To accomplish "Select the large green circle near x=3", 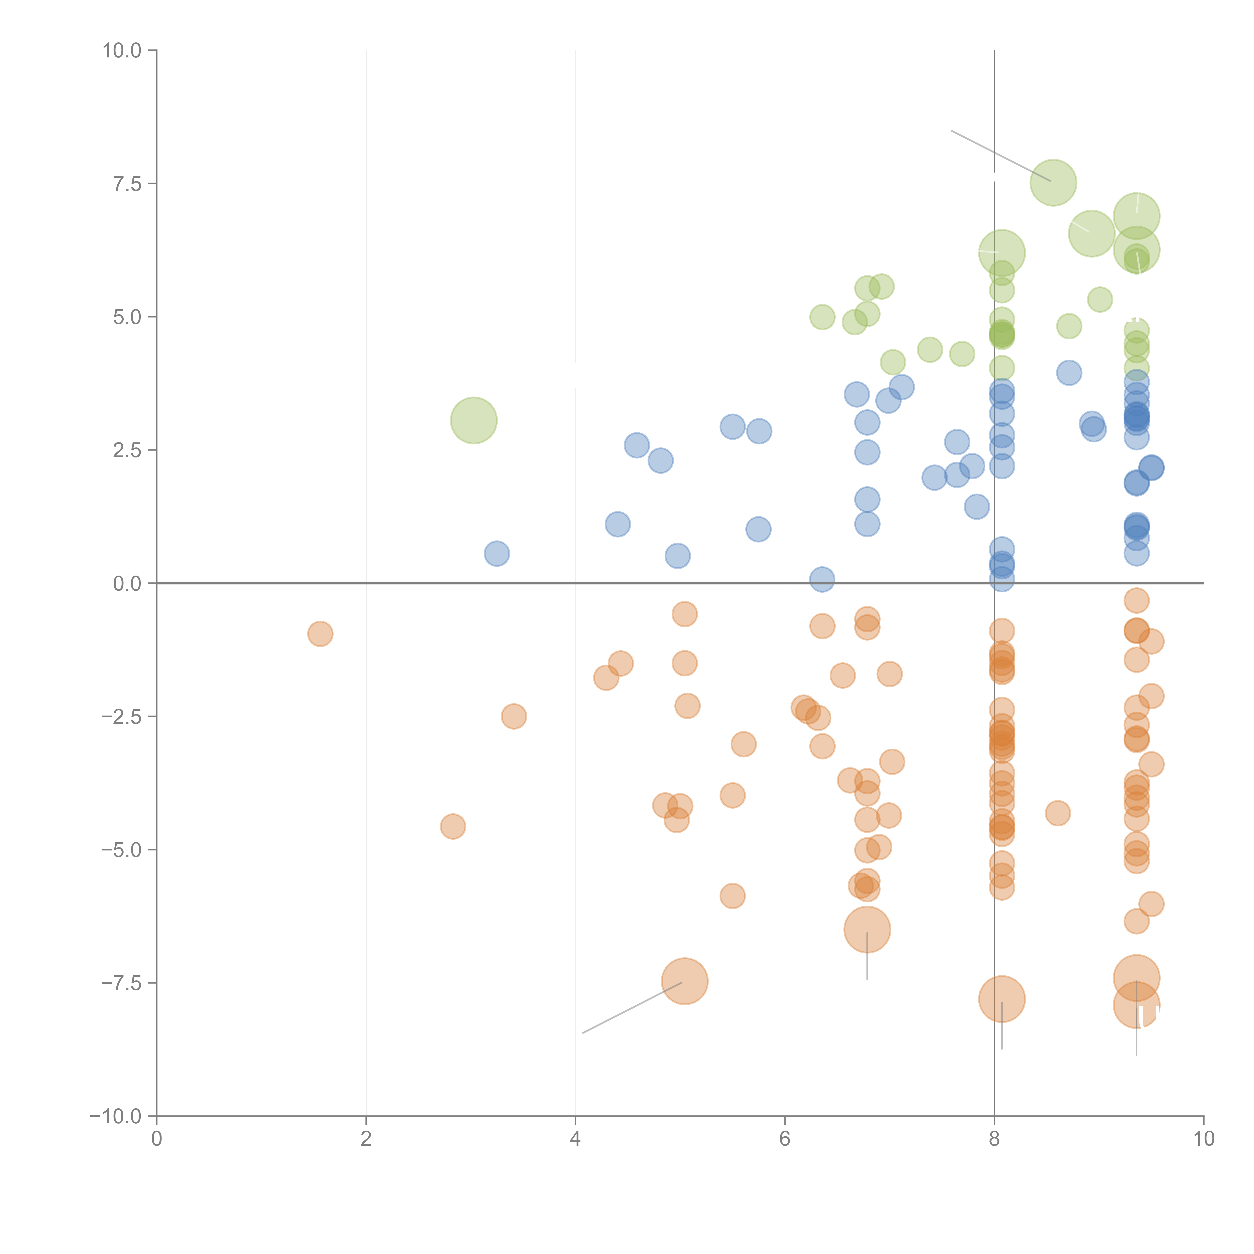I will (x=474, y=421).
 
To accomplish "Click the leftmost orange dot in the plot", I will (x=320, y=634).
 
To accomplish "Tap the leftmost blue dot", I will (x=497, y=554).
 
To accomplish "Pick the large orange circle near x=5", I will (x=685, y=981).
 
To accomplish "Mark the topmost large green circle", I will (x=1053, y=182).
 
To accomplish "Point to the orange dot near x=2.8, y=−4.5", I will (x=452, y=826).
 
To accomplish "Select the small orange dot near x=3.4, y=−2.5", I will (x=513, y=717).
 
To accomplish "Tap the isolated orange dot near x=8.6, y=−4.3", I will (x=1057, y=813).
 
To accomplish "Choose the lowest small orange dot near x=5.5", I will (x=732, y=896).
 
